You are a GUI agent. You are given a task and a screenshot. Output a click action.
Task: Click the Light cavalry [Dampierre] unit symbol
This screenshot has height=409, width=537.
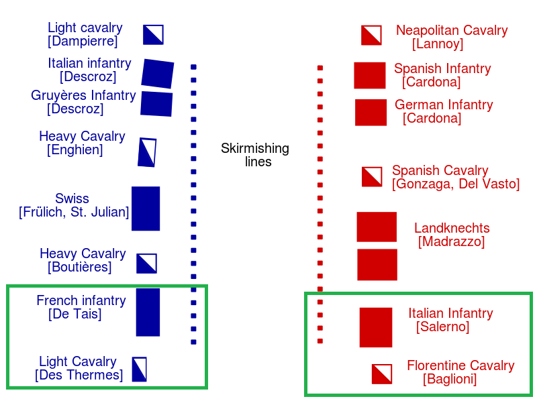click(x=153, y=35)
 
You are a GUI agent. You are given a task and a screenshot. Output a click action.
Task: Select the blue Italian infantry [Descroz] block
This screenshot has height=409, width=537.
click(x=158, y=74)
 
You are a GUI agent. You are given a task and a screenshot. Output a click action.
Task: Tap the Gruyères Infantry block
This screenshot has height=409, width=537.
click(x=156, y=104)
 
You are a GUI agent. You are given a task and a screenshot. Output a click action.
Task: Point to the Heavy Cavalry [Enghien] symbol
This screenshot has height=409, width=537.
click(x=147, y=152)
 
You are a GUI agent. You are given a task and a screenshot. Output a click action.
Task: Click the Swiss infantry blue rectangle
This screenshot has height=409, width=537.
click(x=146, y=209)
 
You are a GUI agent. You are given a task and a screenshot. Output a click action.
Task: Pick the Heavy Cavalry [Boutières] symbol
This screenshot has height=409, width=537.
click(x=146, y=264)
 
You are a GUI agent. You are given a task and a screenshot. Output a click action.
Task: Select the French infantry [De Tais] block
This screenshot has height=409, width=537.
click(x=148, y=312)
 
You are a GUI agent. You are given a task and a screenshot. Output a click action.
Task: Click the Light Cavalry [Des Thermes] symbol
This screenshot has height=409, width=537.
click(x=140, y=369)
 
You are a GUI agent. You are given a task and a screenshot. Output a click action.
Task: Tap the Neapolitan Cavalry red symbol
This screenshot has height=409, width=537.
click(x=371, y=36)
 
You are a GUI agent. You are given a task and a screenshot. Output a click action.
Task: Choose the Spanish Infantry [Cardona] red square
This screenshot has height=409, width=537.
click(x=370, y=75)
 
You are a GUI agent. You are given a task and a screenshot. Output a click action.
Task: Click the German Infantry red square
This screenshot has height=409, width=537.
click(x=371, y=113)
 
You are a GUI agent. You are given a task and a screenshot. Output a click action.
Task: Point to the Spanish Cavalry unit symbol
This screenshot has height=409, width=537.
click(x=372, y=177)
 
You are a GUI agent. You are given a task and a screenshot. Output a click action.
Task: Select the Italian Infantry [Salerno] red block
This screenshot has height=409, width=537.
click(x=376, y=327)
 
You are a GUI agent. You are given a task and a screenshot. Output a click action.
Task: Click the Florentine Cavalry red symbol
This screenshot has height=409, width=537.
click(x=382, y=373)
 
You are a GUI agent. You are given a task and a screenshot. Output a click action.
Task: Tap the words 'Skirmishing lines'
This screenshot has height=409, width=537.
click(x=255, y=155)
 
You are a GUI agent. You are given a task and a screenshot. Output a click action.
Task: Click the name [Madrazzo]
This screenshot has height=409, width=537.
click(x=451, y=241)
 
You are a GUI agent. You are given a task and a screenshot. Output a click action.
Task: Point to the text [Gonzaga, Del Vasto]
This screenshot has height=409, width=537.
click(x=456, y=184)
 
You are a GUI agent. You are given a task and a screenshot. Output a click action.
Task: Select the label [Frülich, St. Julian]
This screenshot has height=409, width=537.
click(x=74, y=212)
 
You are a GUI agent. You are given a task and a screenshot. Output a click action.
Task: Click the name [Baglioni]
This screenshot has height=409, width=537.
click(x=450, y=379)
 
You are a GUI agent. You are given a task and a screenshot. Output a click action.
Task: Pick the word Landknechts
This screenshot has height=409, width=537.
click(x=452, y=228)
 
